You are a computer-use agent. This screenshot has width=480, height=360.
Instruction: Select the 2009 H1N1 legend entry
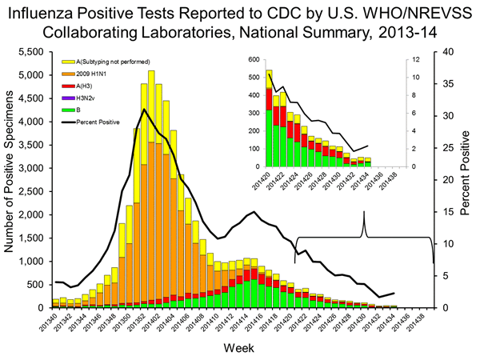[95, 73]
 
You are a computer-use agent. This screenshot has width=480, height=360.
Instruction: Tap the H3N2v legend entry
[88, 97]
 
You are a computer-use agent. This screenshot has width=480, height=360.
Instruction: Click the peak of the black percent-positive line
[144, 109]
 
